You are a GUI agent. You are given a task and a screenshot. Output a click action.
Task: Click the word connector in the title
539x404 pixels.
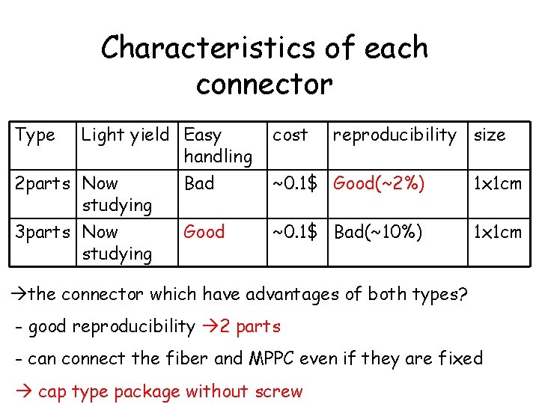click(264, 84)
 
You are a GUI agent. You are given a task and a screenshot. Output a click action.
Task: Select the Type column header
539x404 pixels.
click(35, 135)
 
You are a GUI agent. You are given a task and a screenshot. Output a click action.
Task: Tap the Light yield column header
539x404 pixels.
click(125, 135)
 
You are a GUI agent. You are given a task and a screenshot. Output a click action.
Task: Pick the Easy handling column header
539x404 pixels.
click(217, 145)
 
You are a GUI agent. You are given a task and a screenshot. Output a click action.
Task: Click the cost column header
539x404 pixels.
click(290, 135)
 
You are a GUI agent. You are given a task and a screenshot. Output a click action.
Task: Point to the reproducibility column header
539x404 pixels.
click(394, 135)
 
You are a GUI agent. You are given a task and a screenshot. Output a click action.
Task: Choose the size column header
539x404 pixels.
click(490, 135)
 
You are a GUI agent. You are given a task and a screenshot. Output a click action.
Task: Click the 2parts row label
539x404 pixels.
click(46, 183)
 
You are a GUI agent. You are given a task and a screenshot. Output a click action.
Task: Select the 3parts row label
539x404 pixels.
click(46, 232)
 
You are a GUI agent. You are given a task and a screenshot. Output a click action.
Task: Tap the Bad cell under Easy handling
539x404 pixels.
click(199, 183)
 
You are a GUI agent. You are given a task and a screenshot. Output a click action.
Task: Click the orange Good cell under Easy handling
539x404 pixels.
click(204, 232)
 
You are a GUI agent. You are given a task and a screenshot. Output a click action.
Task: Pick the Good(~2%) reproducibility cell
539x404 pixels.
click(380, 183)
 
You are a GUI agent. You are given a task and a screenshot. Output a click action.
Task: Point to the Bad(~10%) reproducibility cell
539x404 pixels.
click(378, 232)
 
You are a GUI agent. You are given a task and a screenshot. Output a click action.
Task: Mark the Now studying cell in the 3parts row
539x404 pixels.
click(117, 242)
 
